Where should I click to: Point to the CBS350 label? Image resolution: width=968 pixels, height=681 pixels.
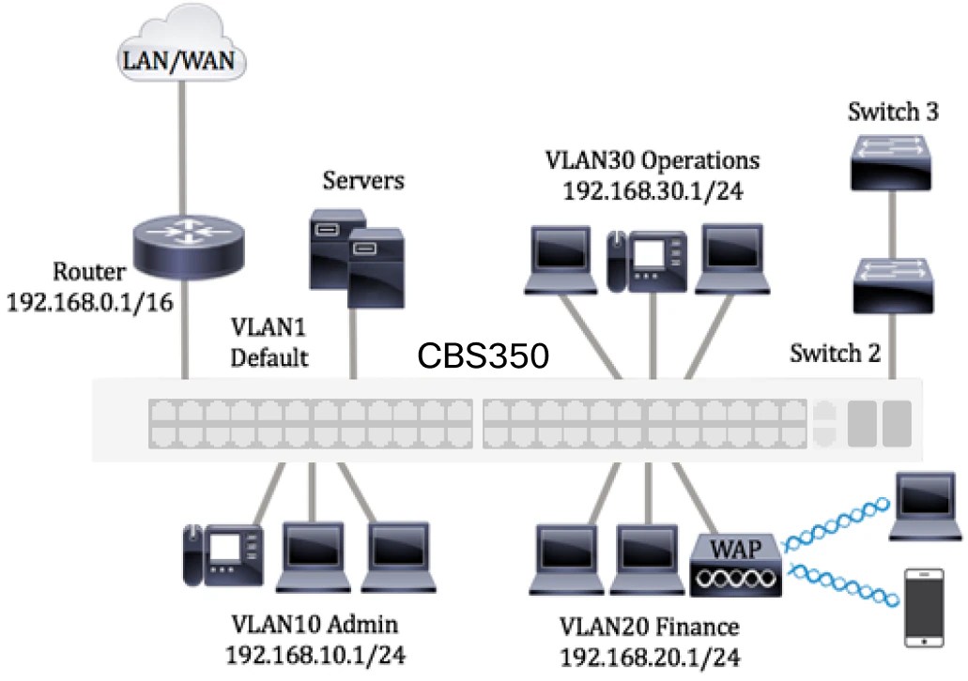pyautogui.click(x=483, y=357)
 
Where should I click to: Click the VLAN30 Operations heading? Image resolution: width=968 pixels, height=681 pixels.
pyautogui.click(x=652, y=159)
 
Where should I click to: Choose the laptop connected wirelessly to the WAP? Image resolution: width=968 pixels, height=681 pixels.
pyautogui.click(x=926, y=507)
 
